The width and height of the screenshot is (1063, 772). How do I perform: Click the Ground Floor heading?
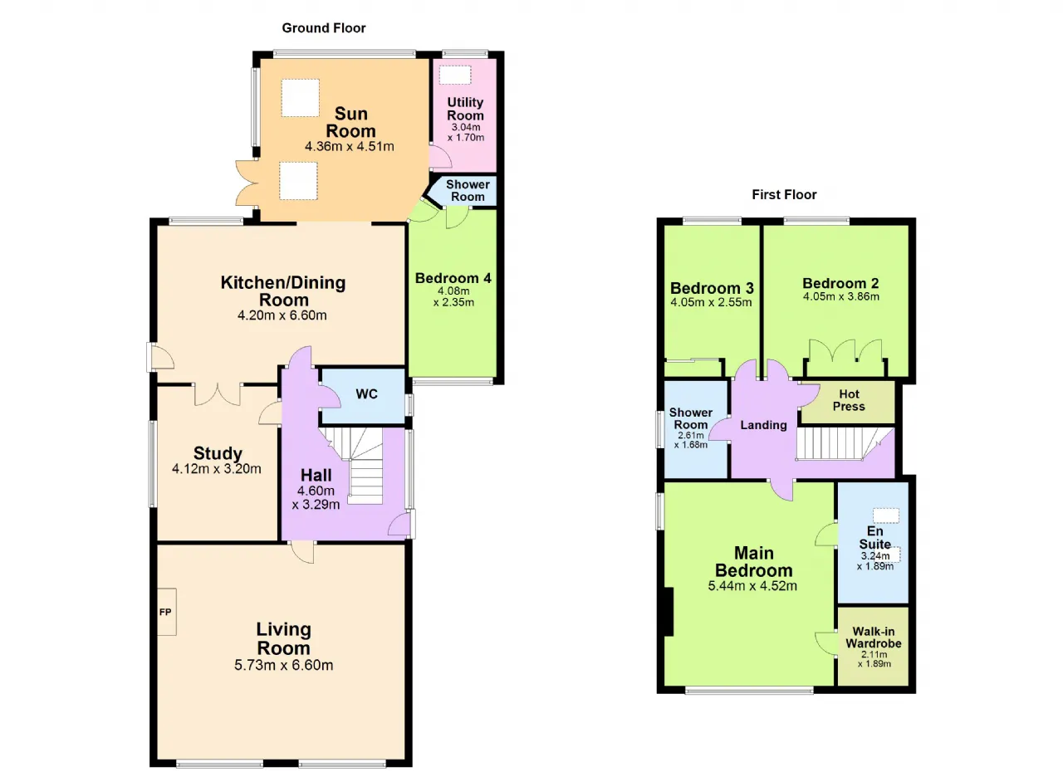point(324,28)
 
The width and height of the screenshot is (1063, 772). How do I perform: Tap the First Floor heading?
point(784,194)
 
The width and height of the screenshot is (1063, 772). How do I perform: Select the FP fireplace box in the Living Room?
point(167,612)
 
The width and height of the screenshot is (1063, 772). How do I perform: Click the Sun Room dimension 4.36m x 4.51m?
point(350,146)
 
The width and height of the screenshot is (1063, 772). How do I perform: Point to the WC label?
point(366,393)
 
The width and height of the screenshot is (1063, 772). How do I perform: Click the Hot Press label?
point(849,400)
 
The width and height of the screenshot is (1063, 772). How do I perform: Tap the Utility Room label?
point(465,109)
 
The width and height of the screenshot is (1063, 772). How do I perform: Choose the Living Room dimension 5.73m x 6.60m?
point(283,665)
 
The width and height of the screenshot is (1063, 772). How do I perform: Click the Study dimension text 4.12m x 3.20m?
point(217,468)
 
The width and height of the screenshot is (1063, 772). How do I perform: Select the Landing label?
point(763,425)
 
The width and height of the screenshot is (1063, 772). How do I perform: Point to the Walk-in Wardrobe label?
point(873,638)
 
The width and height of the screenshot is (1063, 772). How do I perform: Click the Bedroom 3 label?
point(712,288)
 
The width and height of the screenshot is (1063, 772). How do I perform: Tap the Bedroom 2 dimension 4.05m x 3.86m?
point(841,296)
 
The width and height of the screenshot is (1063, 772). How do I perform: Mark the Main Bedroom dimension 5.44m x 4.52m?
point(752,585)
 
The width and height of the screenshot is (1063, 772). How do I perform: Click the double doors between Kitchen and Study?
point(218,394)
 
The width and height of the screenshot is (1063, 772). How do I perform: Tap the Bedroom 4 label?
point(453,278)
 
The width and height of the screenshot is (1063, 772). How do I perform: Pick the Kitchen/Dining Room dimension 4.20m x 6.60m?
point(282,315)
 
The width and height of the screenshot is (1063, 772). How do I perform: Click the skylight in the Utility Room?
point(454,75)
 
